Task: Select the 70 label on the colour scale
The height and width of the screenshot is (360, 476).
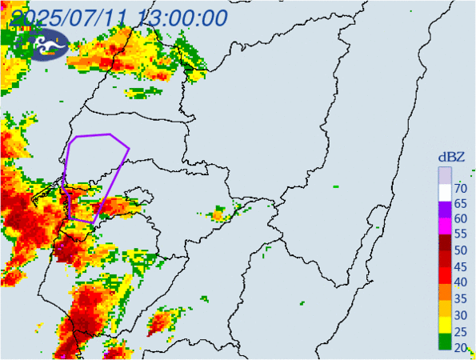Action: (460, 189)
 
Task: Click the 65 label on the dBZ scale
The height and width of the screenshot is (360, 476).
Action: (460, 204)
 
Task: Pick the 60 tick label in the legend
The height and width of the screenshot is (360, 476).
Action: (460, 219)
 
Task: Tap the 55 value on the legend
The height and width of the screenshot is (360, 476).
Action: (460, 235)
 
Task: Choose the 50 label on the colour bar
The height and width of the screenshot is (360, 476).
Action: (460, 250)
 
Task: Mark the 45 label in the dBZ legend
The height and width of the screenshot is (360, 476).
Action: (460, 266)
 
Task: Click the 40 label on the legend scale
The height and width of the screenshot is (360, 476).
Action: (460, 282)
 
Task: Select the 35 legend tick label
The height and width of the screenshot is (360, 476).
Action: (460, 298)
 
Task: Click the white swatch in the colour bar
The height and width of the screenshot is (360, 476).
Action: (445, 192)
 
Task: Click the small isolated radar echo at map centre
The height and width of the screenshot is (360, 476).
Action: (218, 214)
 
